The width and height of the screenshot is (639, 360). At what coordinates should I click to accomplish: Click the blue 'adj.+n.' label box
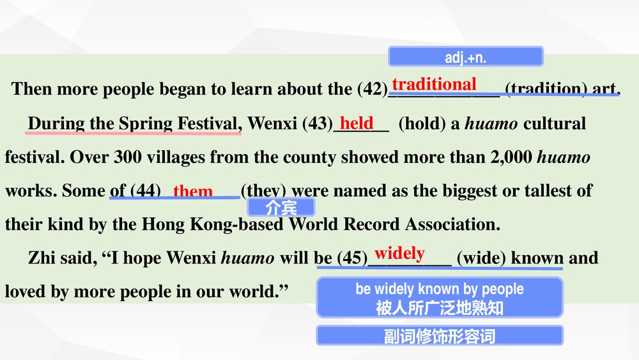click(x=465, y=57)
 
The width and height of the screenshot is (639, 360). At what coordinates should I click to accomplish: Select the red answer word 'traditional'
click(x=434, y=84)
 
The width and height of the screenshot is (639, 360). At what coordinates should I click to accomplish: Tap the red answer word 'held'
click(x=357, y=123)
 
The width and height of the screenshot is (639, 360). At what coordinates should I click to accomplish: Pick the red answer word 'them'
click(x=193, y=191)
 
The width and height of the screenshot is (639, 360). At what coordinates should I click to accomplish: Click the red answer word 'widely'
click(x=399, y=253)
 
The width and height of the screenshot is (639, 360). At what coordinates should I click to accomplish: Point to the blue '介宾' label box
click(x=281, y=207)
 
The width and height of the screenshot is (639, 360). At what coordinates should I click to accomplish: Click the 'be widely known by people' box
click(x=440, y=297)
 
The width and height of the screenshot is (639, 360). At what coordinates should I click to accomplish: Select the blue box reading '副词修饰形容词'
click(x=440, y=336)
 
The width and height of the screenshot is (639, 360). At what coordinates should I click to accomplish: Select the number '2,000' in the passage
click(x=511, y=157)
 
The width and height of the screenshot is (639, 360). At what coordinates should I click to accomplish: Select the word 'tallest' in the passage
click(x=546, y=191)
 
